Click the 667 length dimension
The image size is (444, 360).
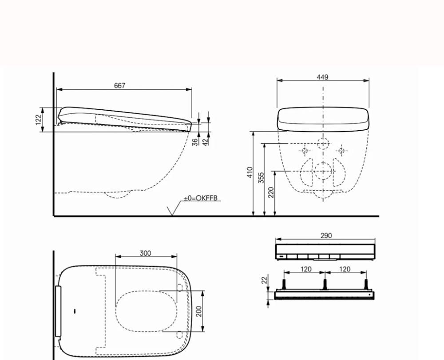(x=119, y=86)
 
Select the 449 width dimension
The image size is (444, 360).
(x=323, y=77)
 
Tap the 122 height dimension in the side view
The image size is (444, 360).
(x=39, y=120)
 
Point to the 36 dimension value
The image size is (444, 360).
(x=195, y=141)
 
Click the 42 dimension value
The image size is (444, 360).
(x=205, y=141)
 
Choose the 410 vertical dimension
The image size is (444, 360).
(x=250, y=173)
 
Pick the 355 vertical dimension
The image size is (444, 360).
(x=262, y=178)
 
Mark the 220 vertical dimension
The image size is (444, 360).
(x=271, y=192)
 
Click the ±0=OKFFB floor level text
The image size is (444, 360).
(x=201, y=199)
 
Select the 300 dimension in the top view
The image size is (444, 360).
(x=145, y=253)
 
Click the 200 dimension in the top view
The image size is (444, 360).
(x=199, y=311)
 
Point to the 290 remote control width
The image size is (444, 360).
(x=326, y=236)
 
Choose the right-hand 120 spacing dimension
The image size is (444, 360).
(x=345, y=269)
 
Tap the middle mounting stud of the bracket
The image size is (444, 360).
(x=325, y=284)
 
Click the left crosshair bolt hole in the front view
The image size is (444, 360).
(x=305, y=151)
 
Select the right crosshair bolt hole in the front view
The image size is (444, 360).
(x=341, y=151)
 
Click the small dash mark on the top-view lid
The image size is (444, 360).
(x=74, y=311)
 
